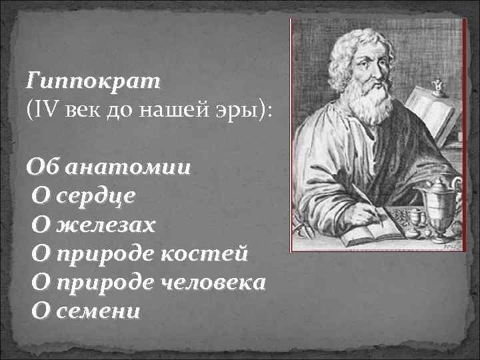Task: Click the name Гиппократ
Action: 93,82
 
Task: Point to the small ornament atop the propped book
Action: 437,85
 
